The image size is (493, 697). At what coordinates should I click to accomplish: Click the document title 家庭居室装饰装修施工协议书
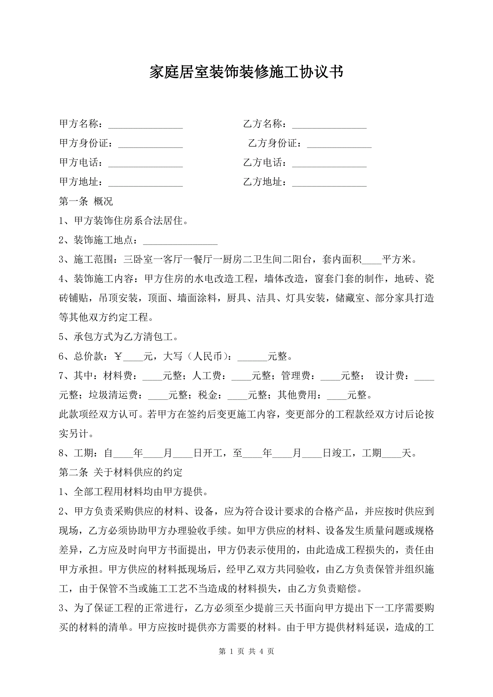pos(246,72)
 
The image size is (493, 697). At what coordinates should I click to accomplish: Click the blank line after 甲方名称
pos(145,125)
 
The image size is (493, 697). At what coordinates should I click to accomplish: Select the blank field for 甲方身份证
pos(150,144)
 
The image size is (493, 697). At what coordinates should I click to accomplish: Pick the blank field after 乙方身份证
pos(339,144)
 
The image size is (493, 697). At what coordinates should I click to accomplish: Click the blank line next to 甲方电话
pos(145,164)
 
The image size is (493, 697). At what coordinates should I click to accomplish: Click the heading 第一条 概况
pos(86,201)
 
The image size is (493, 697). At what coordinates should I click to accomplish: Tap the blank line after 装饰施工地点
pos(180,241)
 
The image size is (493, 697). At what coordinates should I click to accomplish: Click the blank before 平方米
pos(371,261)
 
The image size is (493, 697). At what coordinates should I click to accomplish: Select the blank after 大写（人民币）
pos(252,357)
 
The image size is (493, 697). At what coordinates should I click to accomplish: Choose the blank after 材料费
pos(152,377)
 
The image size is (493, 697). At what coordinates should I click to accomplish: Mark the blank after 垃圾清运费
pos(158,396)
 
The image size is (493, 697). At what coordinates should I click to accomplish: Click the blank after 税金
pos(238,396)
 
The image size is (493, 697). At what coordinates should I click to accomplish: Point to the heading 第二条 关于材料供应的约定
pos(120,472)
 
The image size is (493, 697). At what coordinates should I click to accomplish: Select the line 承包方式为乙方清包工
pos(118,337)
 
